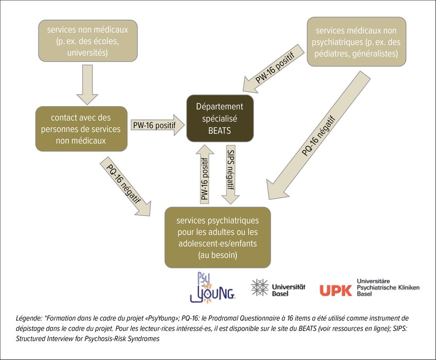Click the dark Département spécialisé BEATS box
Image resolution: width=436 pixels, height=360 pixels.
[x=220, y=118]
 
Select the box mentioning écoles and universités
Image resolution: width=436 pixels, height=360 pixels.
[x=88, y=41]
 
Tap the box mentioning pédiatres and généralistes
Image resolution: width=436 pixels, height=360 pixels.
[x=356, y=42]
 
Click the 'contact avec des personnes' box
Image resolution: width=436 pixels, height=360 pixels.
[x=81, y=129]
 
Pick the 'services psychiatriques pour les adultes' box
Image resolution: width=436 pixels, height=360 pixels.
[x=218, y=237]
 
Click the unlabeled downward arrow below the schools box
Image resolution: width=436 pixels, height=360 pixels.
[x=87, y=84]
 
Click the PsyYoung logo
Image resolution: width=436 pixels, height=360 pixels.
[x=212, y=288]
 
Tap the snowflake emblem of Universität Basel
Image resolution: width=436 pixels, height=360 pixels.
[x=259, y=288]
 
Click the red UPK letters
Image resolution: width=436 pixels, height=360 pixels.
[x=336, y=290]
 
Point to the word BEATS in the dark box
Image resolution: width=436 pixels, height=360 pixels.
[x=220, y=130]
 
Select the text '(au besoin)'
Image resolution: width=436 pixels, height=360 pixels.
[x=217, y=255]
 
